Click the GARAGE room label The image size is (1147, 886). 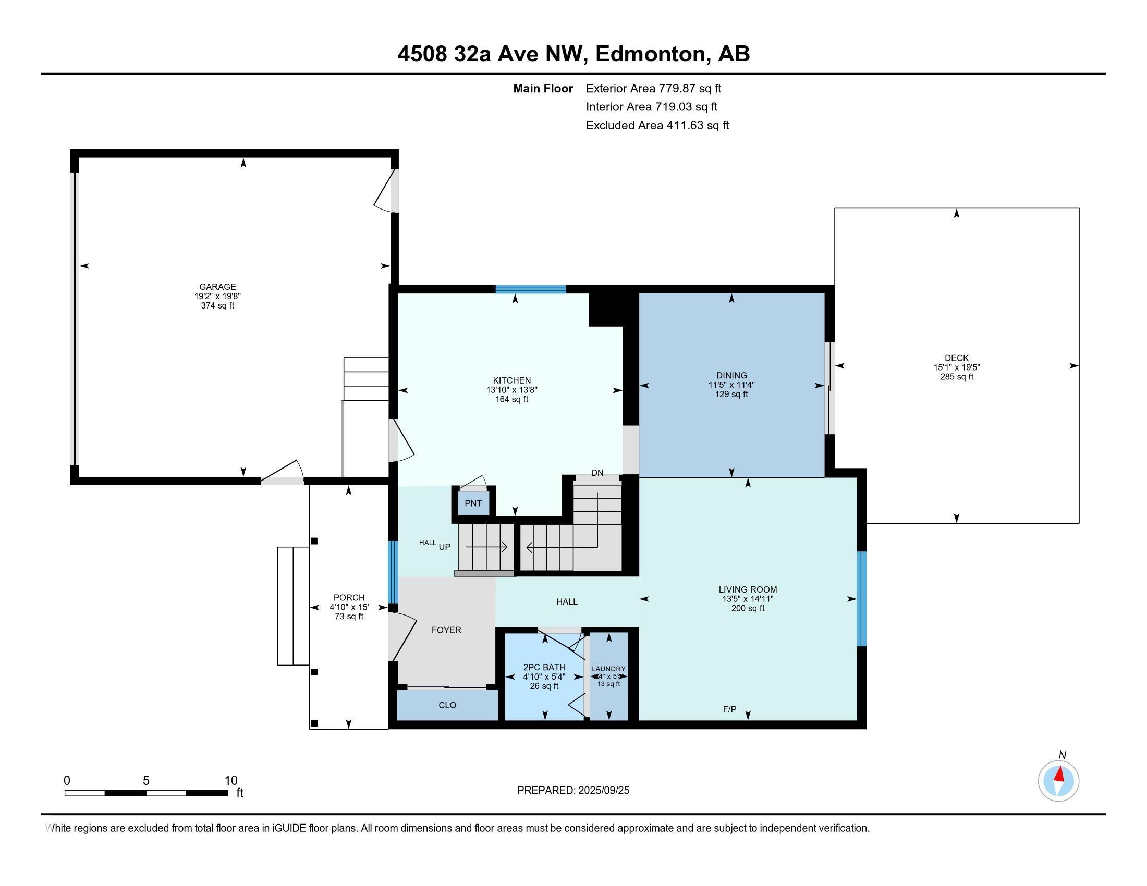pos(217,287)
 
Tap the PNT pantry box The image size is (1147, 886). pos(473,503)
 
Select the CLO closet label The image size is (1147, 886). pos(447,705)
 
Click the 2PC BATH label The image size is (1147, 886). pos(544,667)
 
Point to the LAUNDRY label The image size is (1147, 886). pos(608,669)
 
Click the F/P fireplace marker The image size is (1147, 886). pos(729,709)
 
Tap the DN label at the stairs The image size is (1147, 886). pos(597,472)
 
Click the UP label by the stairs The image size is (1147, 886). pos(444,546)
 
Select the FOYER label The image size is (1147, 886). pos(446,630)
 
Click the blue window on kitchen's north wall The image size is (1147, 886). pos(531,289)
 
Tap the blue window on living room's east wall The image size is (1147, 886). pos(861,598)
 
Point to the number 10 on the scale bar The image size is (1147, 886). pos(230,781)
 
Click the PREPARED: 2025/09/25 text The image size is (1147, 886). pos(573,791)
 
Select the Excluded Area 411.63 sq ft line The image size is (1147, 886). pos(657,126)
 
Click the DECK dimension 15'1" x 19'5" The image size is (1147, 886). pos(956,367)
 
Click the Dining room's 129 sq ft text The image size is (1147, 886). pos(731,394)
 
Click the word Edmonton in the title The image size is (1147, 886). pos(650,54)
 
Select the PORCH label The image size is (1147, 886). pos(349,597)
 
